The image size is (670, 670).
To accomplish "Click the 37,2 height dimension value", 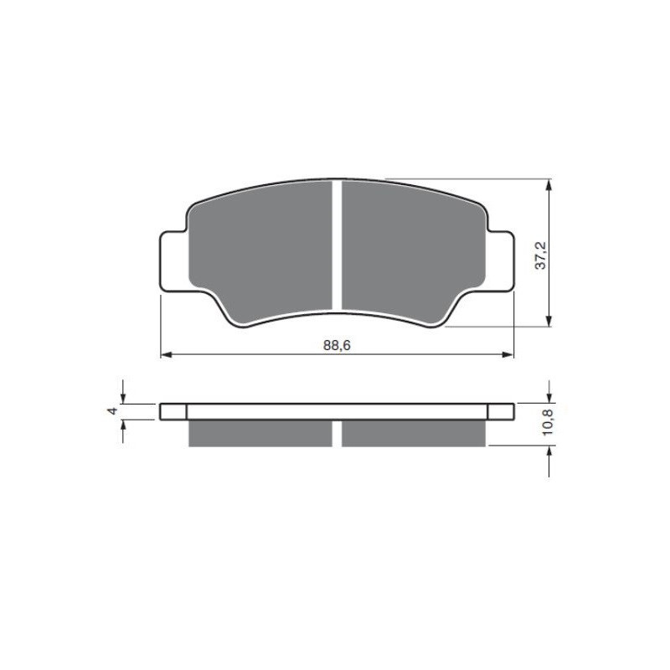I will pos(541,255).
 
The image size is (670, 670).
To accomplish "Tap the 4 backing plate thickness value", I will pos(111,410).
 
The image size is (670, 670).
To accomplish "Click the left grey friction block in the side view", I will pos(260,432).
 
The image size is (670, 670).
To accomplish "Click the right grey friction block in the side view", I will pos(414,432).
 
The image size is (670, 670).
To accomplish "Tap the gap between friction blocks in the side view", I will pos(337,432).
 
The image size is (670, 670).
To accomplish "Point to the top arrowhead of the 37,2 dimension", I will pos(549,184).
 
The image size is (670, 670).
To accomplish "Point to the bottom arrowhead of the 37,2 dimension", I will pos(549,322).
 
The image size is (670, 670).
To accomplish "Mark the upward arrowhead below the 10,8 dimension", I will pos(549,451).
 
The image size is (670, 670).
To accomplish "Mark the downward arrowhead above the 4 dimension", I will pos(124,398).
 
